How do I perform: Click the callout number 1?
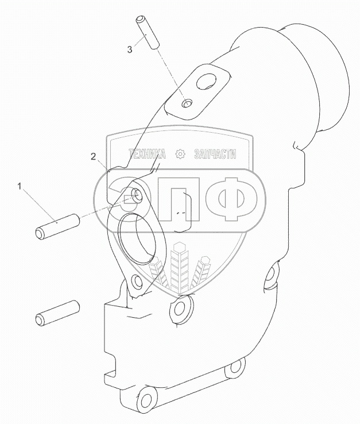pyautogui.click(x=21, y=186)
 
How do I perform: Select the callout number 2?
pyautogui.click(x=93, y=156)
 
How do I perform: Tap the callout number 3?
pyautogui.click(x=130, y=50)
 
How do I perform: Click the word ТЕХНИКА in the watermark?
pyautogui.click(x=148, y=154)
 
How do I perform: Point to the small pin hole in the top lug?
pyautogui.click(x=185, y=104)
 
